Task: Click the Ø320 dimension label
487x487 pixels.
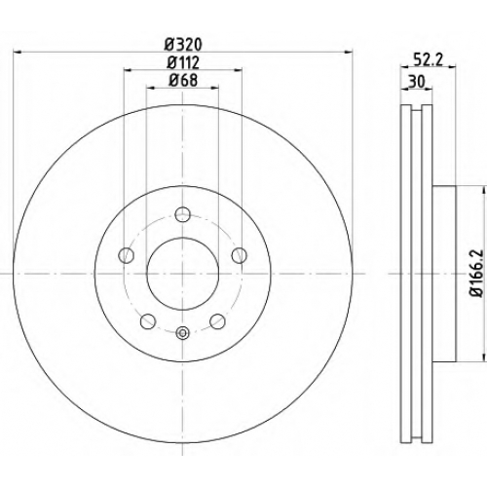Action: tap(183, 45)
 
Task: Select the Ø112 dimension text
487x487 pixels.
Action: tap(183, 62)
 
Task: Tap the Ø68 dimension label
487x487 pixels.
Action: tap(183, 81)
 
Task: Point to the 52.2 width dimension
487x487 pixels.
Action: tap(429, 59)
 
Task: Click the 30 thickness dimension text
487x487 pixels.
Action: tap(417, 82)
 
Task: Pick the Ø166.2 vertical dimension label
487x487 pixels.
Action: tap(477, 273)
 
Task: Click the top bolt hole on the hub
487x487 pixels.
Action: tap(182, 214)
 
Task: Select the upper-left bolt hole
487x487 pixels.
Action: tap(126, 255)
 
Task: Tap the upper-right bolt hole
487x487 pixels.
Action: tap(240, 255)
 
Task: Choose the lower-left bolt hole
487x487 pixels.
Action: tap(148, 321)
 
